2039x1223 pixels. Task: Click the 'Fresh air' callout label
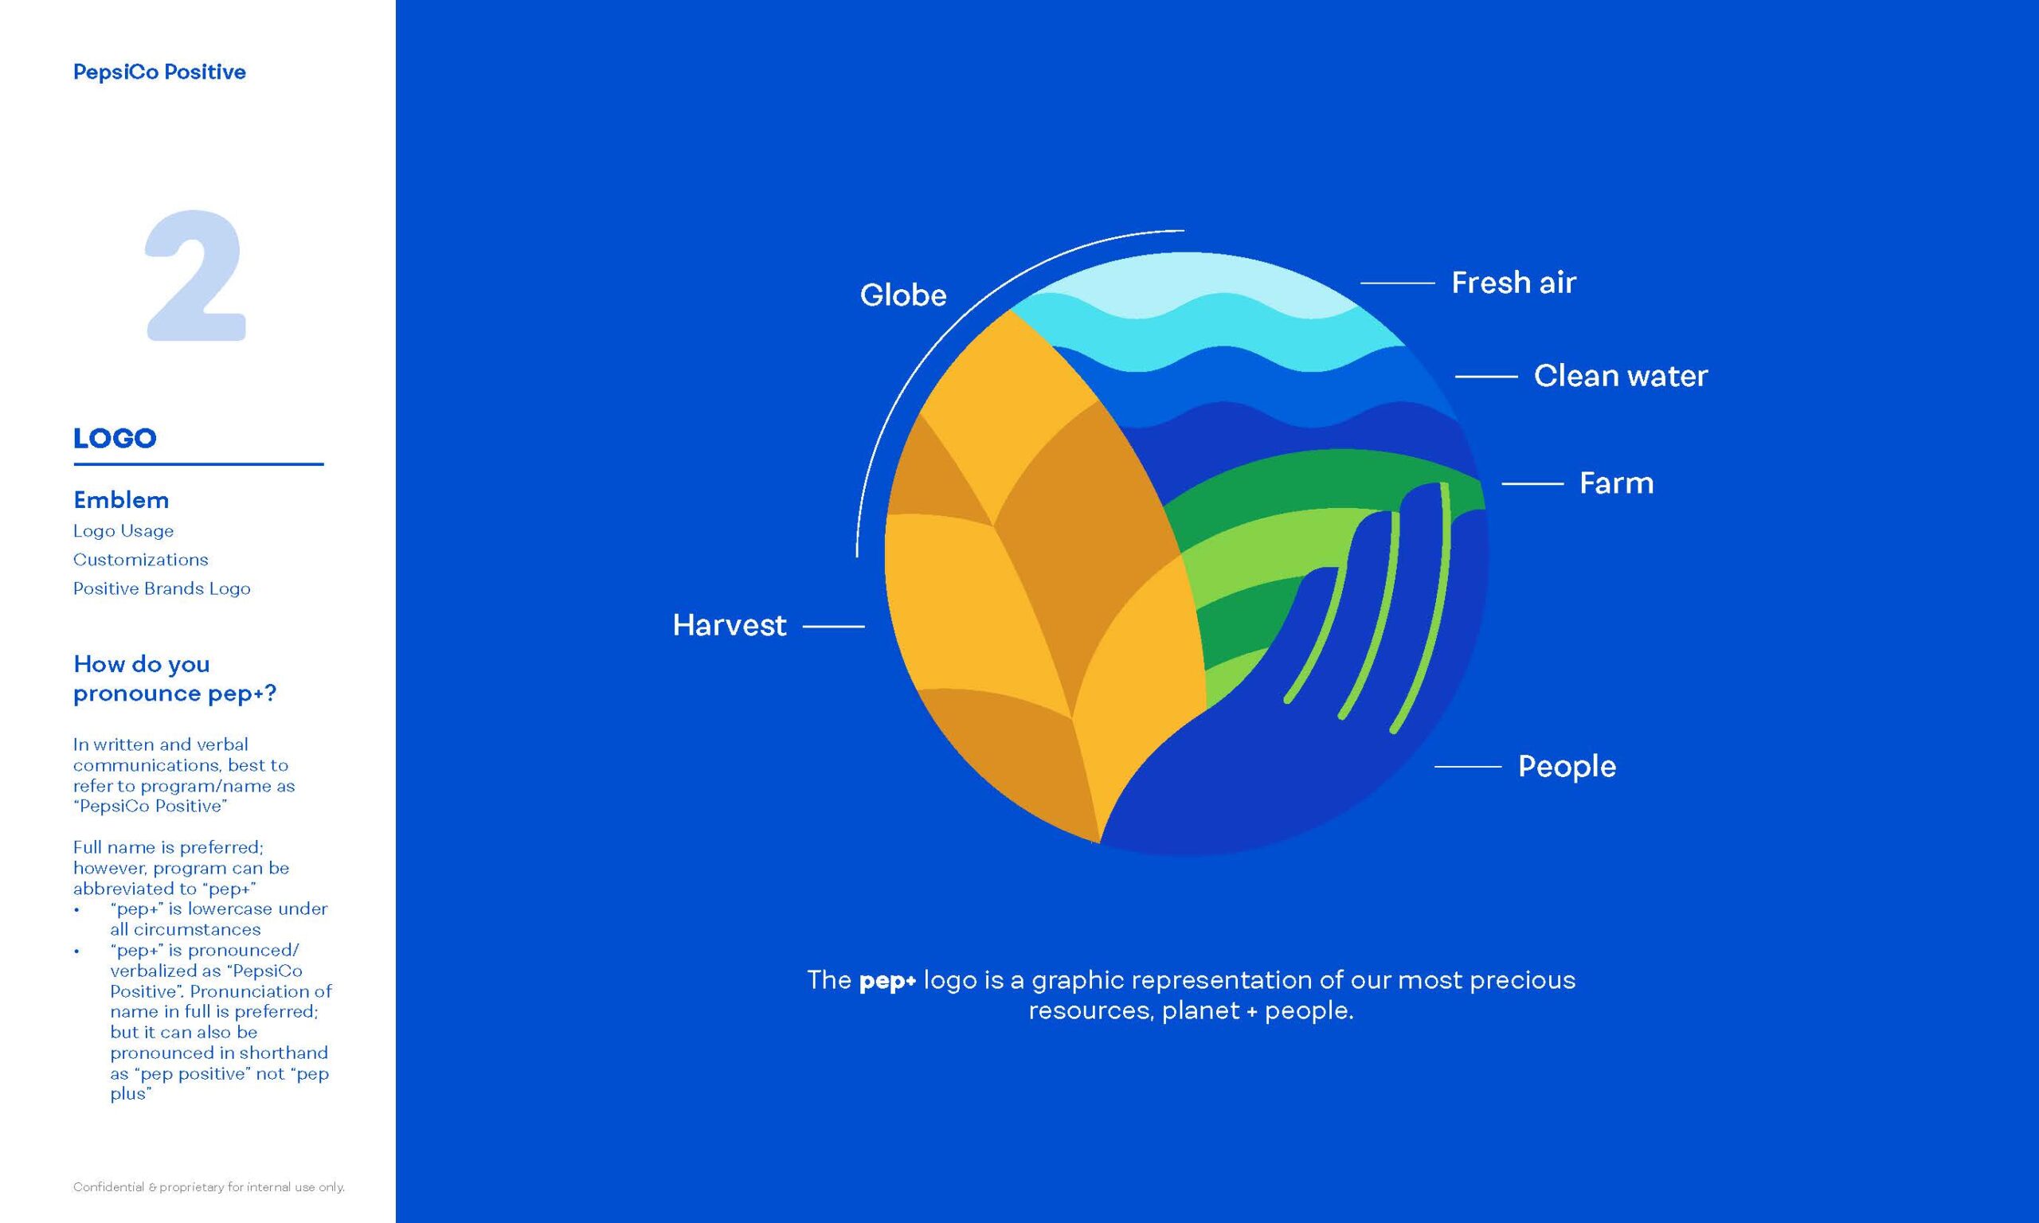click(1513, 283)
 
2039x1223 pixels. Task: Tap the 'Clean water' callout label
click(1620, 376)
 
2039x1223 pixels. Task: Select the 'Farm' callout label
click(1616, 483)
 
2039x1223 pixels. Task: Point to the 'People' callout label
click(1567, 767)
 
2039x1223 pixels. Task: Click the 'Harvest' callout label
click(730, 626)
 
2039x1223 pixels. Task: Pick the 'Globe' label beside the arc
click(903, 295)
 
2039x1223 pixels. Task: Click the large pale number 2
click(195, 275)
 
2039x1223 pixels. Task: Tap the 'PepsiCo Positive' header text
click(159, 72)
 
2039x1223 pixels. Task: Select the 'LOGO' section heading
click(115, 439)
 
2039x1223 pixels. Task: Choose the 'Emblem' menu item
click(121, 500)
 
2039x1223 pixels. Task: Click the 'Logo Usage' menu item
click(123, 531)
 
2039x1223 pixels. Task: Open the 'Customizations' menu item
click(141, 560)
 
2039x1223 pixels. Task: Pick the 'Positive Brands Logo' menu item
click(162, 588)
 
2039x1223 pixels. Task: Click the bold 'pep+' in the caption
click(887, 982)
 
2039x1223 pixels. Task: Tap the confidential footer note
click(209, 1187)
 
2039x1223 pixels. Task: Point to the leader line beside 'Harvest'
click(833, 627)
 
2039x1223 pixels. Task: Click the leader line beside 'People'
click(1468, 767)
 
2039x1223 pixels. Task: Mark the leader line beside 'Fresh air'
click(1398, 283)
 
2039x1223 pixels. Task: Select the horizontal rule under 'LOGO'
click(198, 464)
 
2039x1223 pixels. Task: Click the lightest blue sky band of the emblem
click(1187, 284)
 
